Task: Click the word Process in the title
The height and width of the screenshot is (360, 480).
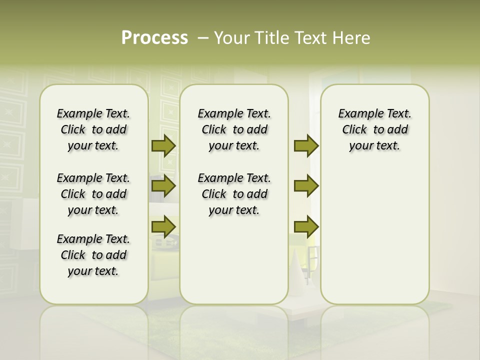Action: coord(154,38)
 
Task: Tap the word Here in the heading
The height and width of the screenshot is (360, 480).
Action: coord(352,38)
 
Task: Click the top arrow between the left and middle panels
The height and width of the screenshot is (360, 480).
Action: coord(163,146)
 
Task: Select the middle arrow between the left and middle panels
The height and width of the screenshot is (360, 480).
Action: coord(163,186)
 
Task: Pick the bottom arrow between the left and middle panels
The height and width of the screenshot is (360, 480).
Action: coord(163,227)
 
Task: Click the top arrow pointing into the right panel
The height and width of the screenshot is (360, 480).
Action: coord(306,146)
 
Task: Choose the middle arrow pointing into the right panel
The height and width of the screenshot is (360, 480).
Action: coord(306,186)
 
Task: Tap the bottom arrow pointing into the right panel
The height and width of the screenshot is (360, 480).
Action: coord(306,227)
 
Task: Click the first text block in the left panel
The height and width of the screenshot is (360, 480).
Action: coord(93,129)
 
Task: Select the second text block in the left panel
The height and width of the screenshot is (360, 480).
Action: coord(93,194)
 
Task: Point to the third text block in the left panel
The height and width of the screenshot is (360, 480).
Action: coord(93,255)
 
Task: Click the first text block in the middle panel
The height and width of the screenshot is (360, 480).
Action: coord(234,129)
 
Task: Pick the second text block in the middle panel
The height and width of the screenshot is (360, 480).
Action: coord(234,194)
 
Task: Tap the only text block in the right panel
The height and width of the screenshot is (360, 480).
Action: coord(375,129)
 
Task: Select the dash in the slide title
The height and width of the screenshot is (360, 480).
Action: coord(203,38)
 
